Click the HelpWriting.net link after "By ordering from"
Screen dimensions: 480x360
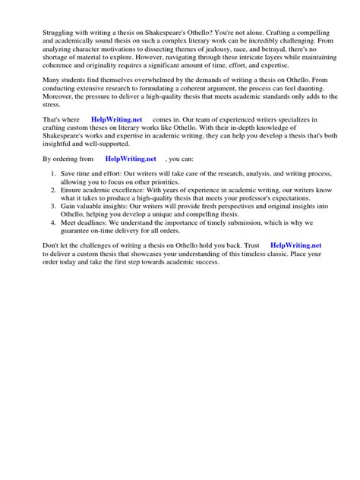pyautogui.click(x=131, y=159)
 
